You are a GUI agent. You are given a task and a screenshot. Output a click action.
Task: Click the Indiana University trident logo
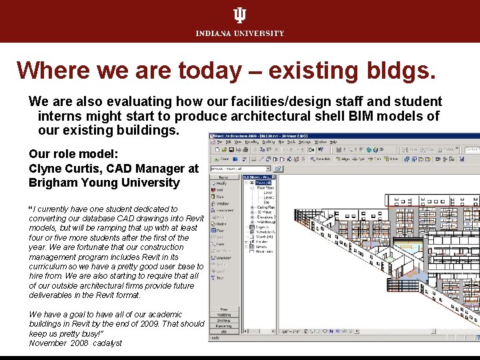click(239, 15)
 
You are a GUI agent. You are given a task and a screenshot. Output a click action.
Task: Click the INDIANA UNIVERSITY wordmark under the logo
click(239, 33)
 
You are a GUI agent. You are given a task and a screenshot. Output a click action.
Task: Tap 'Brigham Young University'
click(104, 183)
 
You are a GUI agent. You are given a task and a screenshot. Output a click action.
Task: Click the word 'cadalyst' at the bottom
click(108, 343)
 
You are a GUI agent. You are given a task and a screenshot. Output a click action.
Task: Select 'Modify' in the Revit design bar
click(221, 183)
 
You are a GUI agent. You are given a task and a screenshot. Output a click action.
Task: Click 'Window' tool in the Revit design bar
click(222, 203)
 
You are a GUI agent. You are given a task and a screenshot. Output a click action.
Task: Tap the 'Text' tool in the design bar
click(220, 277)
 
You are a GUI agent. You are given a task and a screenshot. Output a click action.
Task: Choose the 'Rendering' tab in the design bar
click(225, 326)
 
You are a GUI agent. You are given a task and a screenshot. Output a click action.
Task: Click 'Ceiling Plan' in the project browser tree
click(266, 207)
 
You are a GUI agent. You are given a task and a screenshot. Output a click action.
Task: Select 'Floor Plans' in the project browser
click(266, 187)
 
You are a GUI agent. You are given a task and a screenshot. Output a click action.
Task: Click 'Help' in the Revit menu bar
click(333, 142)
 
